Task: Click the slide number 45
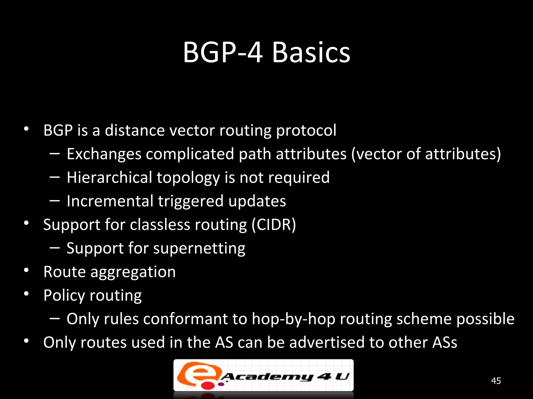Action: [496, 381]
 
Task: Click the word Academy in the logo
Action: [267, 377]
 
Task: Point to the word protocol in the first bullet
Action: [306, 131]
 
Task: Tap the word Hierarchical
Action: [109, 178]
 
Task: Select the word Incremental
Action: [110, 201]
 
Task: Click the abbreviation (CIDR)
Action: [274, 225]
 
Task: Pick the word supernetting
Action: [199, 249]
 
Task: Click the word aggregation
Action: [133, 272]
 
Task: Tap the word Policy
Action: [64, 296]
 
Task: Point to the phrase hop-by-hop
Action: [293, 319]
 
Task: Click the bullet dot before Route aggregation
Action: [26, 270]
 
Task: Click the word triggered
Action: [191, 202]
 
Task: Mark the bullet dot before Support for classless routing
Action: [26, 223]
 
